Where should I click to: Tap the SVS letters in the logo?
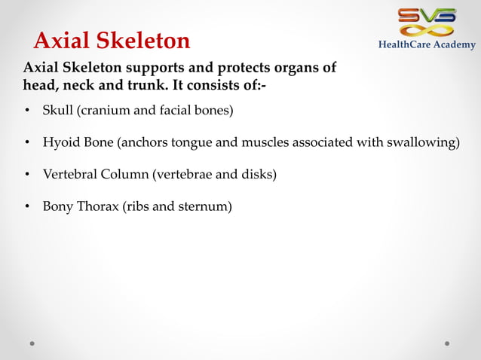pyautogui.click(x=427, y=15)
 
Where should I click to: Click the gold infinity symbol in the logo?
pyautogui.click(x=427, y=30)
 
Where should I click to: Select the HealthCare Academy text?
pyautogui.click(x=427, y=45)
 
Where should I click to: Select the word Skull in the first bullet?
pyautogui.click(x=57, y=111)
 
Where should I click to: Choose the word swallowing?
pyautogui.click(x=424, y=143)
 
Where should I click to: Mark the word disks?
pyautogui.click(x=256, y=175)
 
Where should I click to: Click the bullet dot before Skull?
pyautogui.click(x=27, y=112)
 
